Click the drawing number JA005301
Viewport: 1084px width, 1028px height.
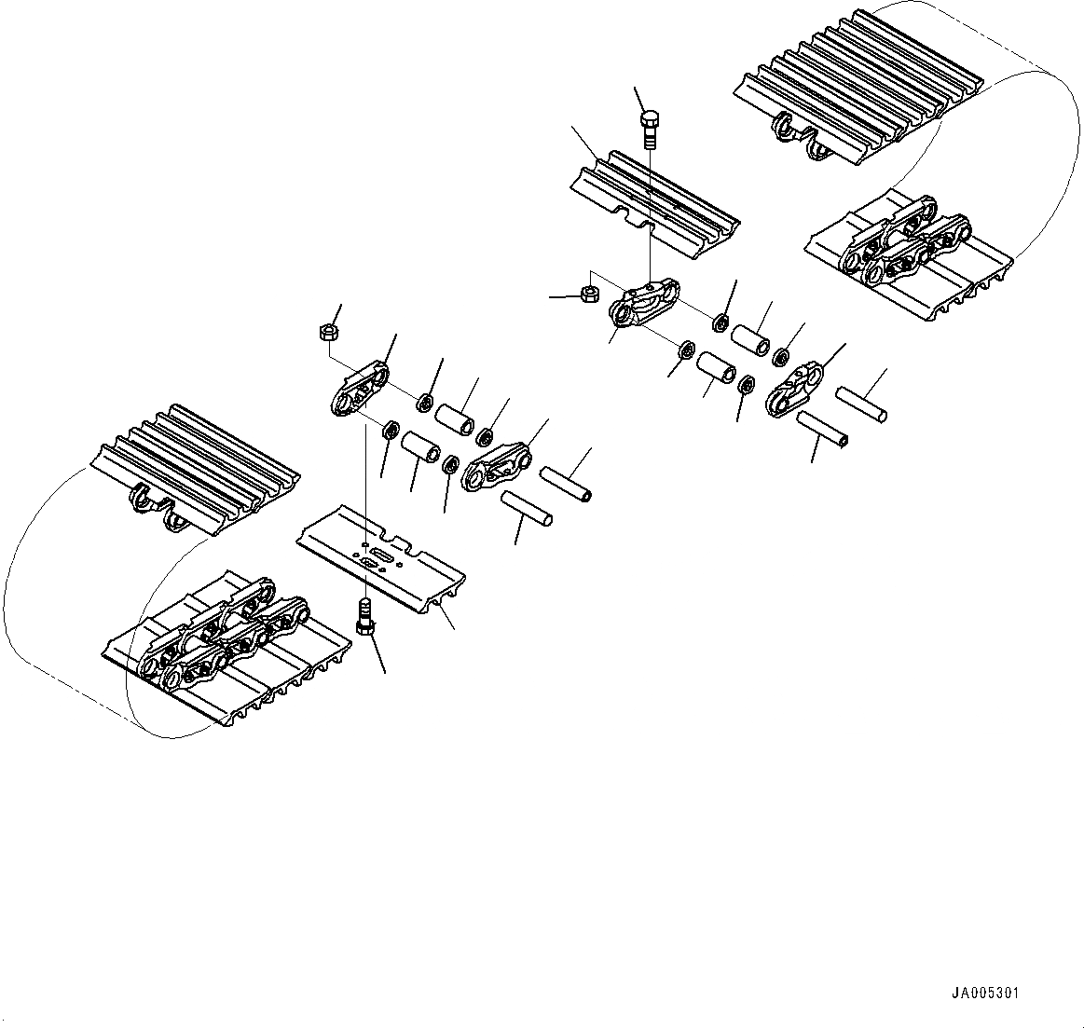pyautogui.click(x=985, y=994)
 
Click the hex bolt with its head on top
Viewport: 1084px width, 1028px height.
pyautogui.click(x=651, y=130)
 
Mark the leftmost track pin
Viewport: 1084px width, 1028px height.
pyautogui.click(x=528, y=509)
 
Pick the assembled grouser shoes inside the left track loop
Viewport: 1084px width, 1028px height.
pyautogui.click(x=196, y=466)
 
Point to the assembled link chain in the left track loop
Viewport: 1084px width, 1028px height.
pyautogui.click(x=224, y=634)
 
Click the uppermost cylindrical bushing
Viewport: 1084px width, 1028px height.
pyautogui.click(x=750, y=338)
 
